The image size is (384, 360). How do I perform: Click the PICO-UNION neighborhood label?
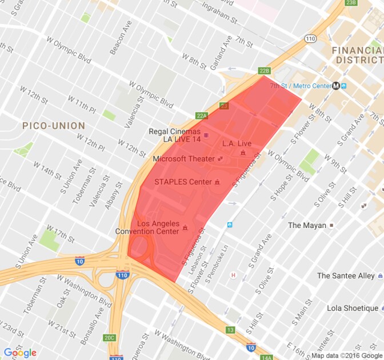(x=53, y=125)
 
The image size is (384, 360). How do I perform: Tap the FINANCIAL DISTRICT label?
(x=357, y=55)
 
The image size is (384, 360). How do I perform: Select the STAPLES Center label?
(x=183, y=182)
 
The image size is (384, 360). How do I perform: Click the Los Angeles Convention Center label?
(x=155, y=227)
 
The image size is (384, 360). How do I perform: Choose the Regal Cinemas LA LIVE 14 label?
(x=174, y=135)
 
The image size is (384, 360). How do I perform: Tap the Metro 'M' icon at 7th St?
(x=336, y=86)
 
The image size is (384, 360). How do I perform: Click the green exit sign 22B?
(x=263, y=71)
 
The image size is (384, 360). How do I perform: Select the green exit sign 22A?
(x=202, y=116)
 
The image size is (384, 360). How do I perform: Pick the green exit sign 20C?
(x=110, y=338)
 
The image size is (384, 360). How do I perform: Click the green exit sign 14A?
(x=266, y=358)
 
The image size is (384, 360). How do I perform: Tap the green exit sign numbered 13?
(x=230, y=330)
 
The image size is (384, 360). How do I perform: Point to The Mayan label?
(x=307, y=225)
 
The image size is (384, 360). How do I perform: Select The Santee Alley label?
(x=346, y=276)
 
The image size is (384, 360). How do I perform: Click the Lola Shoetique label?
(x=353, y=308)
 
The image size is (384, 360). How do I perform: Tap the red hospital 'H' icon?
(x=233, y=275)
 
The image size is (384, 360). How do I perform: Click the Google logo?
(x=20, y=353)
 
